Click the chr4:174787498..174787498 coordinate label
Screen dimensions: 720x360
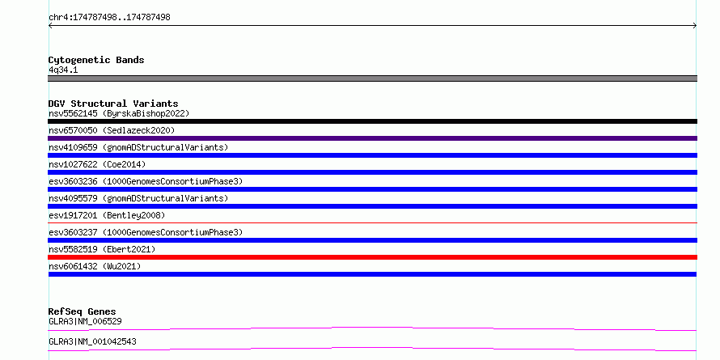(109, 18)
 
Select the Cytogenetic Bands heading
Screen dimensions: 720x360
(96, 60)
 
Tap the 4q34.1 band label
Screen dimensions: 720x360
(63, 70)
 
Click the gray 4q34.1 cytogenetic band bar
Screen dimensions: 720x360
(372, 78)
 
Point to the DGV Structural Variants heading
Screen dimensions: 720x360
(113, 104)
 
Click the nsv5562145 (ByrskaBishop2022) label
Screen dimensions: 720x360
(119, 113)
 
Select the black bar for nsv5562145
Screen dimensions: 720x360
(372, 121)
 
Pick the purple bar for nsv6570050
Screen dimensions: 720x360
(372, 138)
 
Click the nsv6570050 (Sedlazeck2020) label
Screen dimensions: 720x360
(112, 130)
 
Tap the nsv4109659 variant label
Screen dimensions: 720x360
(138, 147)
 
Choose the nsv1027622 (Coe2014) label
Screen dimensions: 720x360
(97, 164)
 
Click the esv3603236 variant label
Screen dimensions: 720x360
(146, 181)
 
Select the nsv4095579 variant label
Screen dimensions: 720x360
(138, 198)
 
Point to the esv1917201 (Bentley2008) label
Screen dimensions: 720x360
(107, 215)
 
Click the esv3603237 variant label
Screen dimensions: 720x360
(146, 232)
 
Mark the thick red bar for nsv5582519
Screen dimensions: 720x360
(372, 257)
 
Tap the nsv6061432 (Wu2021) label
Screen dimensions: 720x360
(95, 266)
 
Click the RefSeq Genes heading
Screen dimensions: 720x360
(83, 311)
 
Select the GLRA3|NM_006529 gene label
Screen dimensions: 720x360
(85, 321)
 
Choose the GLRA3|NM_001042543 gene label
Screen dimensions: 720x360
(92, 341)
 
